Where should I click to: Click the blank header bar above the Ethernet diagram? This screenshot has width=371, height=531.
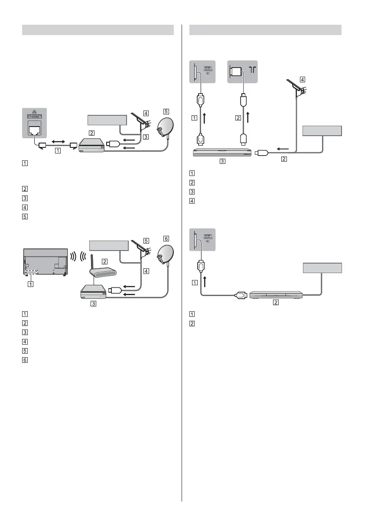pos(98,30)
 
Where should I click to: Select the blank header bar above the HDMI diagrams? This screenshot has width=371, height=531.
pos(266,30)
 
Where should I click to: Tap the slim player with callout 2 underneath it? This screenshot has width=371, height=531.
pos(276,295)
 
